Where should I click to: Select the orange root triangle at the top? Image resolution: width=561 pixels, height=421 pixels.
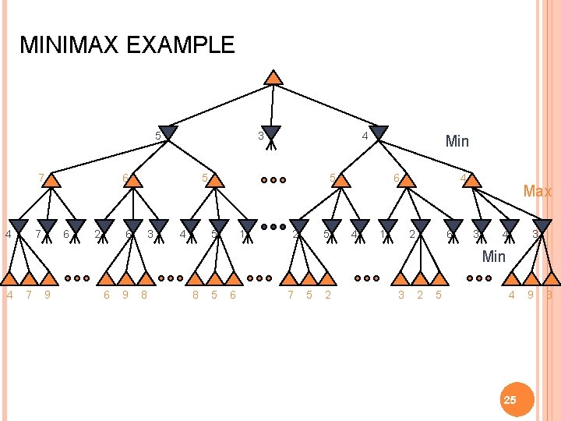click(x=273, y=77)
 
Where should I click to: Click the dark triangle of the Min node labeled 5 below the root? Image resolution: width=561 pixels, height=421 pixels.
click(x=168, y=133)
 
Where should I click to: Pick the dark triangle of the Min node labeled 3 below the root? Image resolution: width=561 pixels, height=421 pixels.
click(x=271, y=133)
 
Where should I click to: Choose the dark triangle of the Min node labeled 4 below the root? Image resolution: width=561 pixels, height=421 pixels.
click(x=379, y=133)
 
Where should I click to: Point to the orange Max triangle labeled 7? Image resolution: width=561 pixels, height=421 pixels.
click(x=51, y=180)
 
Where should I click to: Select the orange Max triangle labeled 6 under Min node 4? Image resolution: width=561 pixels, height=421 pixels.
click(x=406, y=180)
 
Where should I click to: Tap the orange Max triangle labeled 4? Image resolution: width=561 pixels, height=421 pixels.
click(x=472, y=180)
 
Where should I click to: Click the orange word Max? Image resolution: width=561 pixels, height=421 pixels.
click(x=538, y=191)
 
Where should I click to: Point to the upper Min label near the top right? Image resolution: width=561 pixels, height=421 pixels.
click(x=457, y=141)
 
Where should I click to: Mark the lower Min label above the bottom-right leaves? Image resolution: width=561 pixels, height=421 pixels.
click(x=494, y=256)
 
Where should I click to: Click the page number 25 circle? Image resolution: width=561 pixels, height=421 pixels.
click(x=510, y=400)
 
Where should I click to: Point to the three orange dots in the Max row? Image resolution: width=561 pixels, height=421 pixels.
click(x=273, y=180)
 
